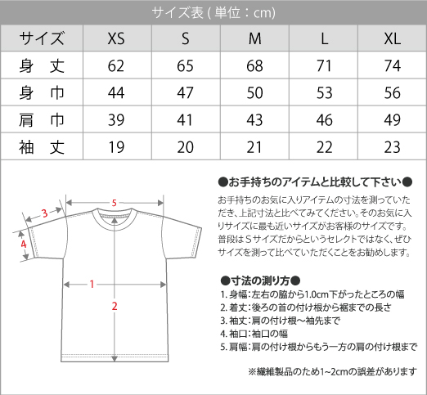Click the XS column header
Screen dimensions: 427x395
click(116, 38)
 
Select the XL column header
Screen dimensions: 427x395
click(393, 38)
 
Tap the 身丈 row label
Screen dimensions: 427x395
click(42, 65)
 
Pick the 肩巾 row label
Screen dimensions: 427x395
click(42, 120)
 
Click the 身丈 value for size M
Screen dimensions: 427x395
click(254, 65)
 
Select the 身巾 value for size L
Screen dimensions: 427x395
click(324, 92)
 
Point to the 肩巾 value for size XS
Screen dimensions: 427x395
click(116, 120)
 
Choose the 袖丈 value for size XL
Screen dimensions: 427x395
click(393, 147)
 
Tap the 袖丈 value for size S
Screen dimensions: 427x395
click(185, 147)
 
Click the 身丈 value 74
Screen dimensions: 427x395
click(393, 65)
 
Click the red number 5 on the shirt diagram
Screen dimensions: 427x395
click(115, 203)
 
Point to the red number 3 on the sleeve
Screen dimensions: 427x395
click(45, 213)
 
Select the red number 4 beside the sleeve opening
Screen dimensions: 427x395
click(24, 244)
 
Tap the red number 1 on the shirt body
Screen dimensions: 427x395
click(92, 285)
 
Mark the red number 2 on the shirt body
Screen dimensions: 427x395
click(115, 306)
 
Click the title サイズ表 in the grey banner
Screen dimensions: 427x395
click(178, 12)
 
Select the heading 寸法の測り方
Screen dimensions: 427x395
click(260, 281)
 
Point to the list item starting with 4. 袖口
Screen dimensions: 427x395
click(254, 334)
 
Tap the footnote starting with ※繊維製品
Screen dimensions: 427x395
click(332, 371)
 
